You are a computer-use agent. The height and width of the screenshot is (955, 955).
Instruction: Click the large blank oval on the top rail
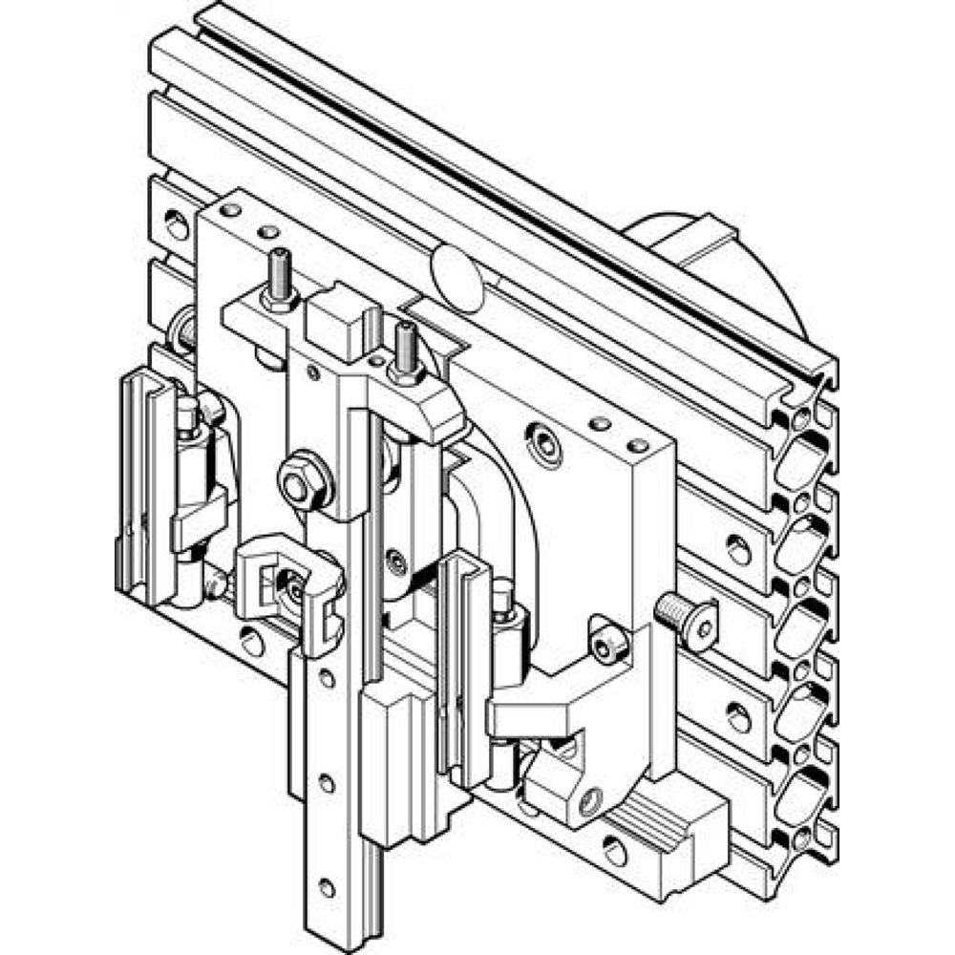456,276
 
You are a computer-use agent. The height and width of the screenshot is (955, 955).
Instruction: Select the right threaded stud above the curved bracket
405,353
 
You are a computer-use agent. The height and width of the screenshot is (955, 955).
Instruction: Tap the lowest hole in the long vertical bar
327,885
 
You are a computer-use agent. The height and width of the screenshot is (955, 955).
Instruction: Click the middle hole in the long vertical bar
327,782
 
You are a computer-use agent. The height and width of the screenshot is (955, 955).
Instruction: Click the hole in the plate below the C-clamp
252,643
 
